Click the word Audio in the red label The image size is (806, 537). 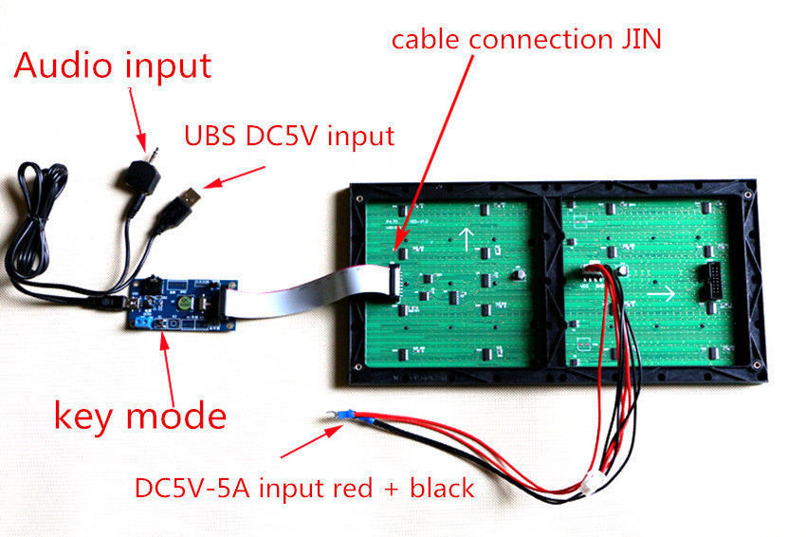[64, 65]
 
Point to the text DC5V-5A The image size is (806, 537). [192, 488]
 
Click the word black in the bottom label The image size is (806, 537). [442, 488]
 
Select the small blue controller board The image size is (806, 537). [182, 304]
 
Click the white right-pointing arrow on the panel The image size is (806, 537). [661, 294]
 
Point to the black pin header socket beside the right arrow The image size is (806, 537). [711, 282]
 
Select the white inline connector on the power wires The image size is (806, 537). [590, 484]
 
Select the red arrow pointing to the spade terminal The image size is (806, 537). [311, 441]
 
